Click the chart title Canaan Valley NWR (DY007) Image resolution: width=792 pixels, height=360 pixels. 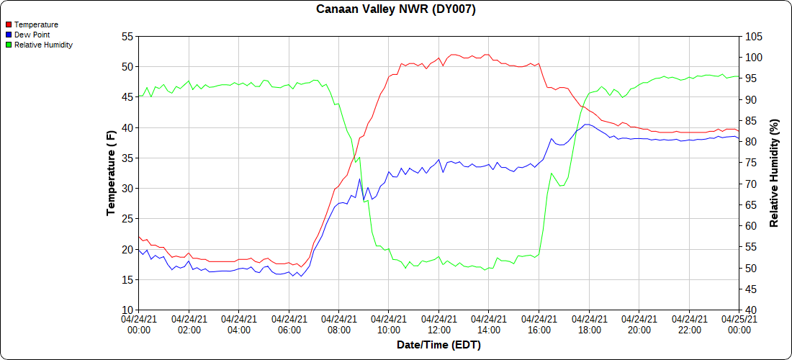click(x=396, y=9)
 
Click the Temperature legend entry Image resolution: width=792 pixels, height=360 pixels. click(x=36, y=24)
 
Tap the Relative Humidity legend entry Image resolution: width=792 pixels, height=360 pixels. click(x=43, y=45)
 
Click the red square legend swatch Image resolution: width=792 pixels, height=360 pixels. click(x=9, y=24)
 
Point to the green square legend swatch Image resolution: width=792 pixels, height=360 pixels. click(x=9, y=45)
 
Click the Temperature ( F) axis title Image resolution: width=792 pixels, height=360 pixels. click(x=111, y=173)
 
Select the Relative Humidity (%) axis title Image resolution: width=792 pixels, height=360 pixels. click(x=775, y=173)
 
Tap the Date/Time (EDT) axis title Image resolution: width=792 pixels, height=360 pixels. click(x=438, y=345)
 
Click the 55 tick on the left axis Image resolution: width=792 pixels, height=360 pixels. click(x=127, y=36)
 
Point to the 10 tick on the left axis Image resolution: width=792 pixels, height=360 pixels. click(x=127, y=310)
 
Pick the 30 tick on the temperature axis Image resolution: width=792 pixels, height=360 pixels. click(x=127, y=189)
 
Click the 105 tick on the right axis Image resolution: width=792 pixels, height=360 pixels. click(x=754, y=36)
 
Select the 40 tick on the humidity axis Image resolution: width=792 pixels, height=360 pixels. click(x=751, y=310)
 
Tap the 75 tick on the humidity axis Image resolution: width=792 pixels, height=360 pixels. click(x=751, y=163)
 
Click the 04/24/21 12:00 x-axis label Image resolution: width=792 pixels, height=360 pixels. click(x=438, y=324)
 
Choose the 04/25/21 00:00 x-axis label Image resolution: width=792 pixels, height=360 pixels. click(x=739, y=324)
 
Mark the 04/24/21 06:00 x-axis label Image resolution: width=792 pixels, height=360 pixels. click(x=289, y=324)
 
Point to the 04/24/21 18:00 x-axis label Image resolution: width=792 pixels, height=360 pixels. click(x=589, y=324)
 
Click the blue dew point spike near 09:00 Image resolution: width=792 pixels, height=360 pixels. click(x=359, y=179)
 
